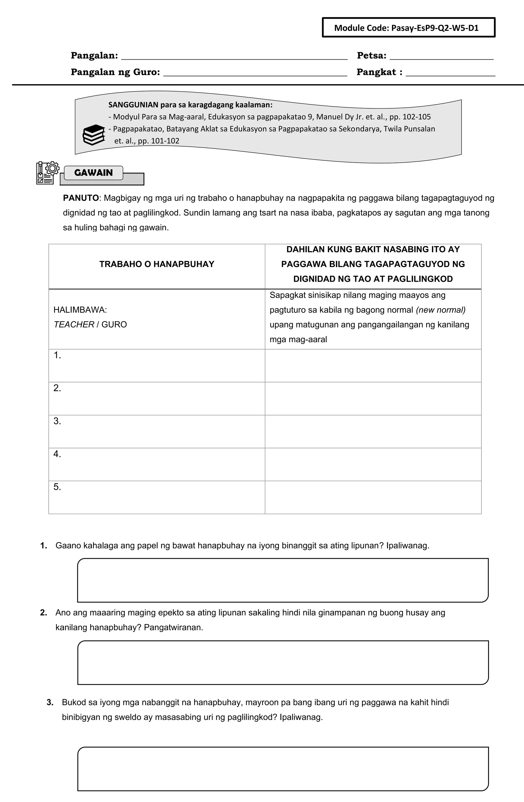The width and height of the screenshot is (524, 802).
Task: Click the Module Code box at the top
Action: (409, 28)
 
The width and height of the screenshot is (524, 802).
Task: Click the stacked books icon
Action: (94, 135)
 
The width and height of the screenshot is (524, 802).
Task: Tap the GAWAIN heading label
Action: (93, 173)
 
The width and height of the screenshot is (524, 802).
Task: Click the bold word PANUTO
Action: (81, 198)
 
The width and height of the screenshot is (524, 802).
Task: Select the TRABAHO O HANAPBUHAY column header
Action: (157, 264)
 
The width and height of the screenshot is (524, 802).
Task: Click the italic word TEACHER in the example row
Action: (74, 324)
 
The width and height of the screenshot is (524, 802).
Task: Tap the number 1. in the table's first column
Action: (57, 355)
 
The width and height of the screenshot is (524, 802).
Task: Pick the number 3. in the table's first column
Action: (57, 421)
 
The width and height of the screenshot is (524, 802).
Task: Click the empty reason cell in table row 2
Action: (373, 399)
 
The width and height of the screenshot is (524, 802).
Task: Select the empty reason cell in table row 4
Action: (373, 464)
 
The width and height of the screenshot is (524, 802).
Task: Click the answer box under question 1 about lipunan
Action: (283, 580)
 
